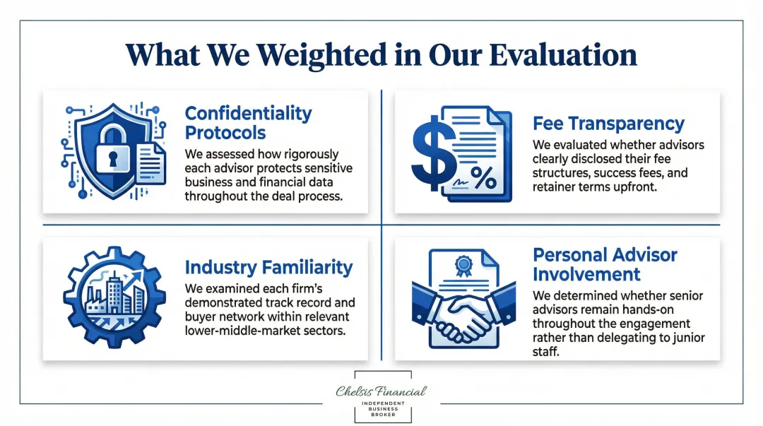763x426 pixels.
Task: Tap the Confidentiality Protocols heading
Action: coord(248,123)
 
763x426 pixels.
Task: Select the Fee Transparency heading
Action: coord(608,124)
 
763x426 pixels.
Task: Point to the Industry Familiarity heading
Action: coord(268,267)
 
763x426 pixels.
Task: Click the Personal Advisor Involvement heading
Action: coord(605,264)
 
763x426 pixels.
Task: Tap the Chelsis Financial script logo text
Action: coord(381,391)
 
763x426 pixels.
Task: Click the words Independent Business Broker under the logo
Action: coord(381,408)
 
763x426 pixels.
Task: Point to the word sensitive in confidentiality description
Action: coord(325,168)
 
